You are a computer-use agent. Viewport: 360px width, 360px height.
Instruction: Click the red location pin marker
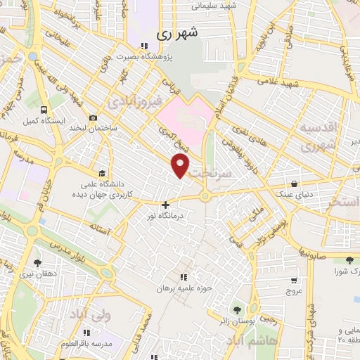[181, 166]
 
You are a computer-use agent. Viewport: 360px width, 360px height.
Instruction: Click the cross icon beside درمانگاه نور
[165, 205]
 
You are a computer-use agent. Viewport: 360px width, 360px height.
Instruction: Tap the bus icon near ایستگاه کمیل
[44, 110]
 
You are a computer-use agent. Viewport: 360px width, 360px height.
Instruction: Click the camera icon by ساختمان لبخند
[93, 118]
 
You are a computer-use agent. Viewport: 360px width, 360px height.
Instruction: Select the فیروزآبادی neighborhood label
[131, 103]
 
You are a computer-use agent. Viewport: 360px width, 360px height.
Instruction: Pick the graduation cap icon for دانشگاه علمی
[103, 173]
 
